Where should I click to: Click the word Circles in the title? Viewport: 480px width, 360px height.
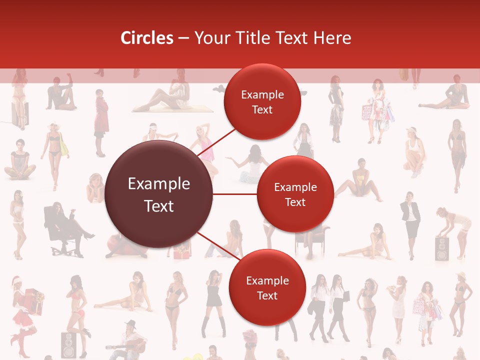point(147,38)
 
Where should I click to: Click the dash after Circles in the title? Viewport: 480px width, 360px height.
point(183,38)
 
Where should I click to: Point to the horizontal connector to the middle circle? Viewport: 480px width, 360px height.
point(235,194)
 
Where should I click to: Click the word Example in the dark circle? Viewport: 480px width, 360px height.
point(159,184)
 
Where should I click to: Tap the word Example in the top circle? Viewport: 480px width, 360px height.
point(262,95)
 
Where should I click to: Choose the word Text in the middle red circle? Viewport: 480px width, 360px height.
point(295,202)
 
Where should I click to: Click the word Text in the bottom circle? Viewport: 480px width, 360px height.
point(267,295)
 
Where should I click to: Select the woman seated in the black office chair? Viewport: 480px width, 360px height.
point(62,227)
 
